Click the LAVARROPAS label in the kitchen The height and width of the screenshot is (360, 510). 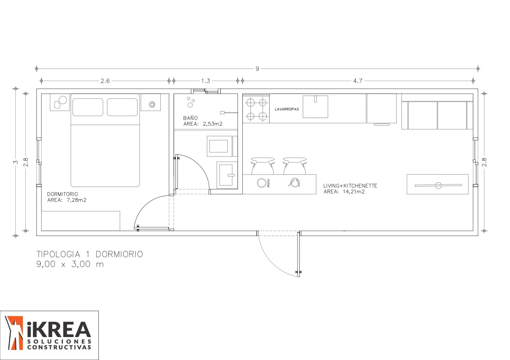point(287,109)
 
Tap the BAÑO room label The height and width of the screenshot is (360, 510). point(190,118)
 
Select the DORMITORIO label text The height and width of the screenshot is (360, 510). point(62,194)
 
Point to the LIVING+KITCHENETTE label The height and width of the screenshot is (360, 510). point(350,186)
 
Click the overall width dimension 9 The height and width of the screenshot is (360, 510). point(257,69)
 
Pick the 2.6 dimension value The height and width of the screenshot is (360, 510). point(105,81)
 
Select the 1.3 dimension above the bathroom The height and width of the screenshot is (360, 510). point(205,81)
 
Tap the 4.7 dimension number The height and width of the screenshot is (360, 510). point(358,81)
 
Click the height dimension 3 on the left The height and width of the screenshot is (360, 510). point(16,162)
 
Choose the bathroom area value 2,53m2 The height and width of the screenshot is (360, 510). point(212,124)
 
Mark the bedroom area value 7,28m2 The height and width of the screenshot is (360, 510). point(76,200)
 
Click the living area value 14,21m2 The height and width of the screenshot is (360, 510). point(353,191)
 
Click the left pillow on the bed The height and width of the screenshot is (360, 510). point(88,107)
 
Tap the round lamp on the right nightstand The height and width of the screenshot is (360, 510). point(152,104)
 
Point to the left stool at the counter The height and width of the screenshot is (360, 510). point(263,166)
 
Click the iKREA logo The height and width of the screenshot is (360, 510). point(49,335)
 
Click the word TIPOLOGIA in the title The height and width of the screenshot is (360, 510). point(58,254)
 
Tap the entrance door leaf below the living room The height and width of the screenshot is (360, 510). point(298,254)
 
